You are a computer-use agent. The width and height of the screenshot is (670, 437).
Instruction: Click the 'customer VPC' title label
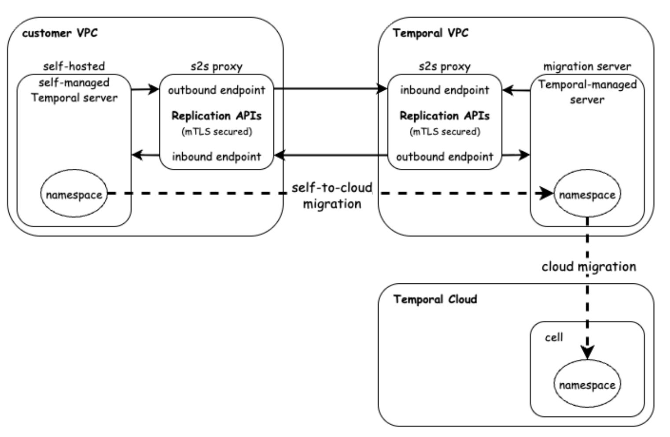pyautogui.click(x=60, y=33)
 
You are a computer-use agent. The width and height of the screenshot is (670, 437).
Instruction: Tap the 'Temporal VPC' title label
pyautogui.click(x=431, y=33)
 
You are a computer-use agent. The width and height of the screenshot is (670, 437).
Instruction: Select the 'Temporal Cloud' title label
pyautogui.click(x=435, y=300)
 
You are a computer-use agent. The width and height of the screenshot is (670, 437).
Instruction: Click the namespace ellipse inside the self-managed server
pyautogui.click(x=74, y=195)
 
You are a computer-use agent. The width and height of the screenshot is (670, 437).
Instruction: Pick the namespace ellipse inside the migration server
pyautogui.click(x=587, y=195)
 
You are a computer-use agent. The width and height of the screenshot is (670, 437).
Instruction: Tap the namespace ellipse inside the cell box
pyautogui.click(x=587, y=385)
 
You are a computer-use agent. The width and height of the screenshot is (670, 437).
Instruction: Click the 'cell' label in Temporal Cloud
pyautogui.click(x=554, y=337)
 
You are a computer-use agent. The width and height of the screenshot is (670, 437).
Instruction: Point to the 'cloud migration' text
pyautogui.click(x=589, y=267)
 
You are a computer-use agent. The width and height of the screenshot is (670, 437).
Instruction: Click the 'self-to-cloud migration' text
pyautogui.click(x=332, y=196)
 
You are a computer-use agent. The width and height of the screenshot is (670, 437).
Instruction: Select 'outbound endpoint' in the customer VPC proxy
pyautogui.click(x=217, y=90)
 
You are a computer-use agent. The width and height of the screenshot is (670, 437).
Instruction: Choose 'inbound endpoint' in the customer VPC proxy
pyautogui.click(x=217, y=156)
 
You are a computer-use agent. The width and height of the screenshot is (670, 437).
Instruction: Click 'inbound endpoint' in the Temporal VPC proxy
pyautogui.click(x=445, y=90)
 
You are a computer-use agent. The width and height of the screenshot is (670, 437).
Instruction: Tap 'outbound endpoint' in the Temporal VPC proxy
pyautogui.click(x=445, y=156)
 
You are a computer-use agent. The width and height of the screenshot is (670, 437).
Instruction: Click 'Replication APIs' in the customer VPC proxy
pyautogui.click(x=217, y=116)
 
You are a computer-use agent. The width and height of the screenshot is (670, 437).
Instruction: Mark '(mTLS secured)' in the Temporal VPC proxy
pyautogui.click(x=445, y=131)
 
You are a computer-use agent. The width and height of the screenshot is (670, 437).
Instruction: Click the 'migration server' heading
pyautogui.click(x=587, y=67)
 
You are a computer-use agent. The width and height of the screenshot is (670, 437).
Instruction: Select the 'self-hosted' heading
pyautogui.click(x=74, y=67)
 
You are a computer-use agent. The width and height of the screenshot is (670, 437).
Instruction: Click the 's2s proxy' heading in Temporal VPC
pyautogui.click(x=445, y=67)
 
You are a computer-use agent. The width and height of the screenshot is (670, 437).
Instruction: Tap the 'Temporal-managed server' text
pyautogui.click(x=587, y=92)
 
